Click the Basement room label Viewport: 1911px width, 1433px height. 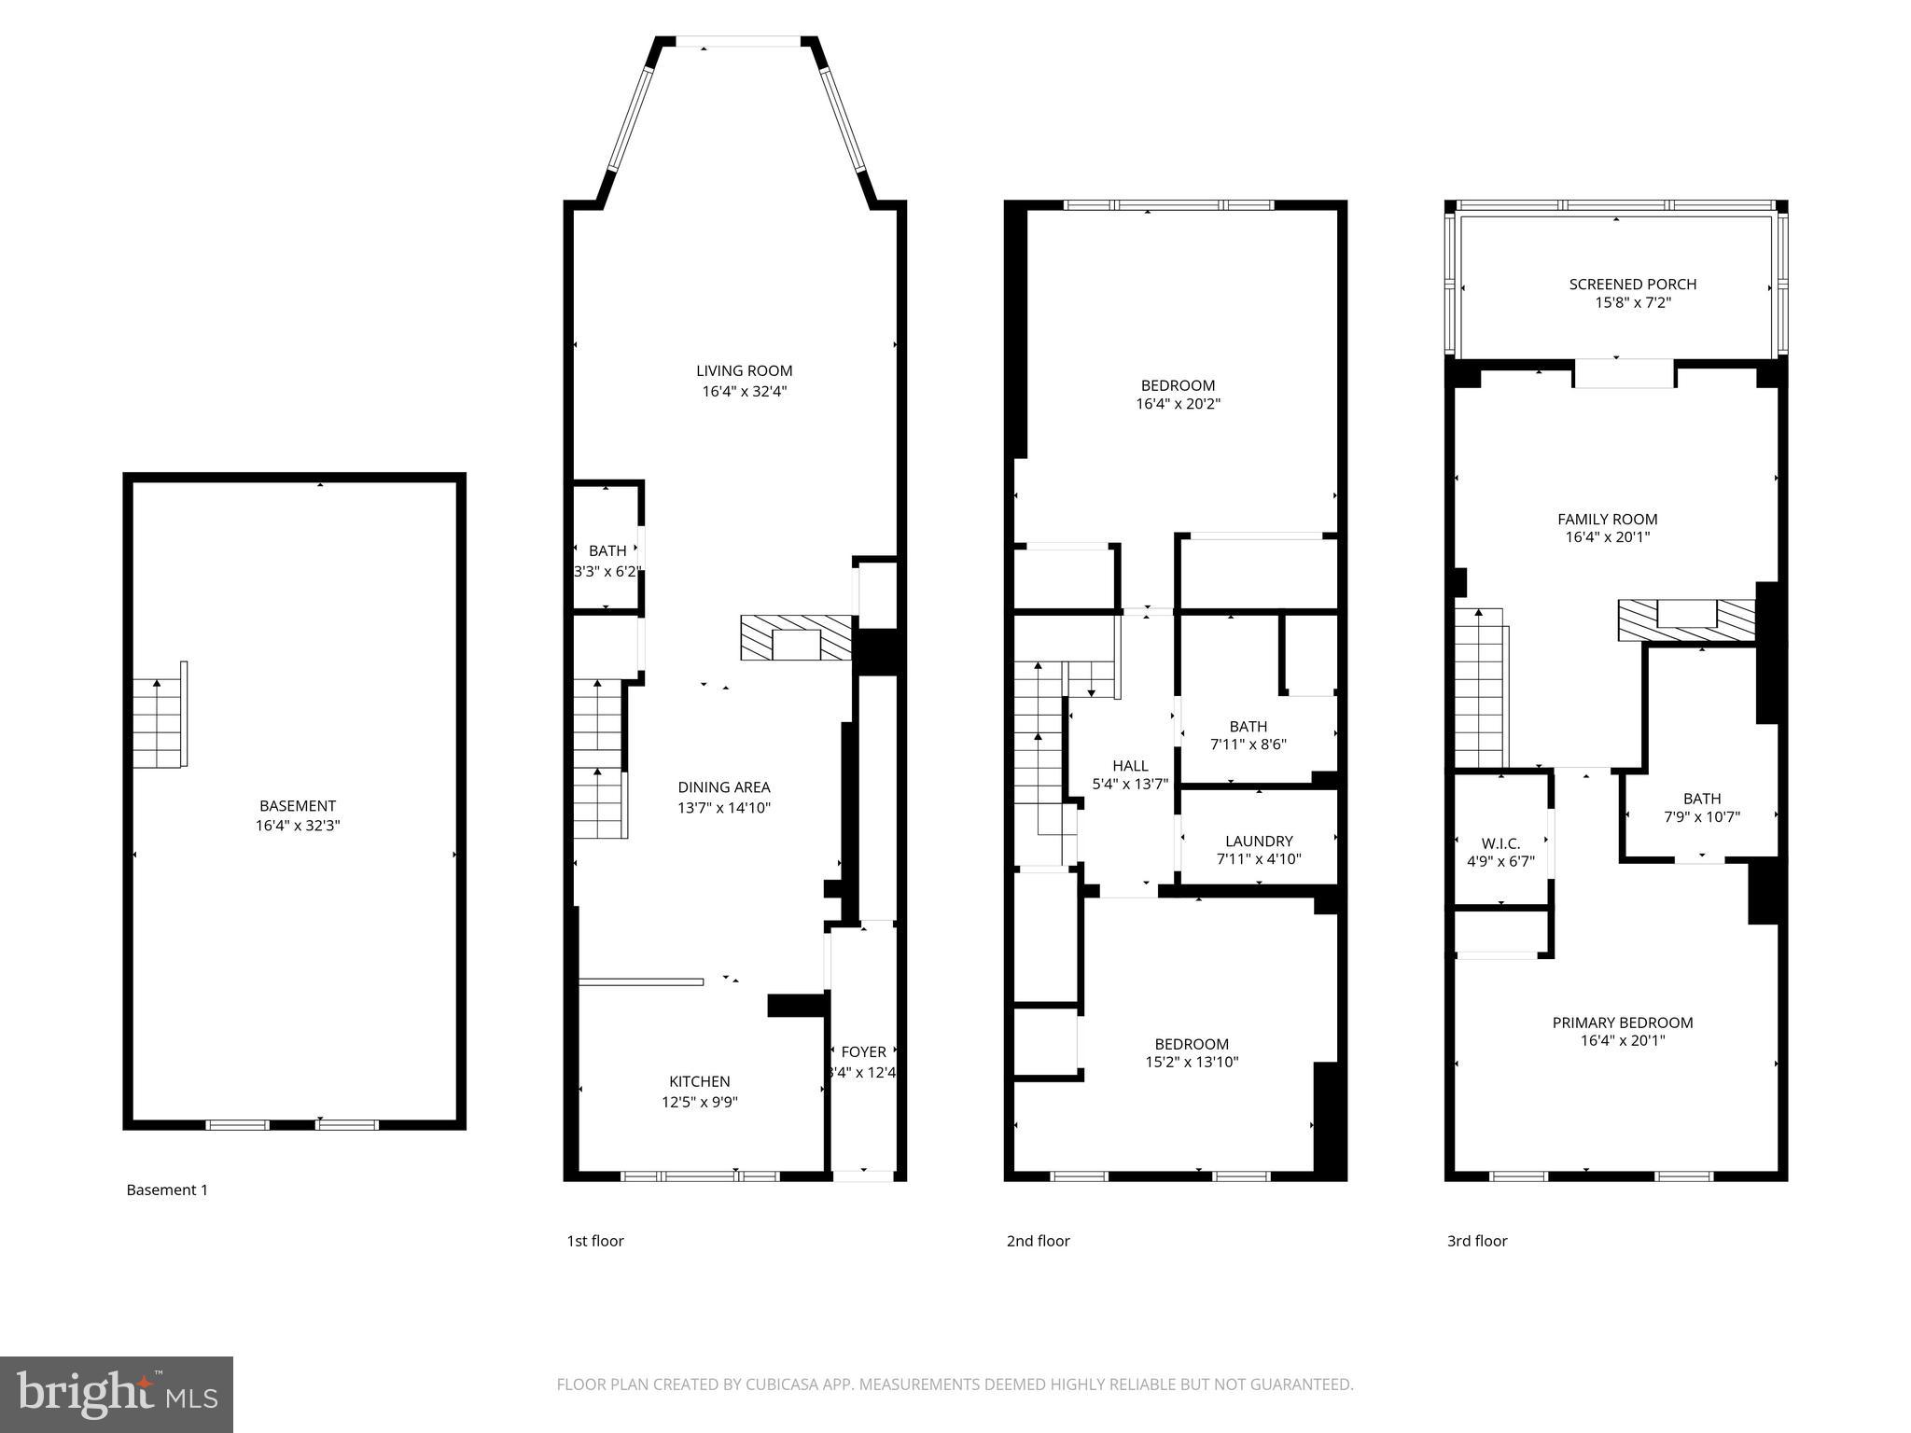click(297, 805)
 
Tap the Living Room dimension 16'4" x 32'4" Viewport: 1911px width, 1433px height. click(745, 392)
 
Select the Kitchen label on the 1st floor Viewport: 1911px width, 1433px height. click(699, 1081)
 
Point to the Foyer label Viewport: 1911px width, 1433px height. click(863, 1051)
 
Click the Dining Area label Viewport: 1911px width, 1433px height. click(723, 787)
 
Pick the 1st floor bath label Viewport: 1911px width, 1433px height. click(607, 551)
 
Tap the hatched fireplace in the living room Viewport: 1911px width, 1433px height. click(796, 638)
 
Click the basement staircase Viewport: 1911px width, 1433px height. click(157, 723)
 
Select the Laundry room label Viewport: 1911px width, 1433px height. click(1259, 841)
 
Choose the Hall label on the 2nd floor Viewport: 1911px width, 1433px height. click(1130, 766)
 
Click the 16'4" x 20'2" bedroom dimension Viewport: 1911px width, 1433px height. click(1178, 404)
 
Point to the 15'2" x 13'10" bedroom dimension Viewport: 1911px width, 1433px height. click(1192, 1062)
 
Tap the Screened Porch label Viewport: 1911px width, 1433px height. click(1632, 284)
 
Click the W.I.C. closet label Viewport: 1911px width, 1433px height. click(1500, 842)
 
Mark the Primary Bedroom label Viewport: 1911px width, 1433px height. click(1622, 1023)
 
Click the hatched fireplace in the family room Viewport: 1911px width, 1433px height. click(1686, 619)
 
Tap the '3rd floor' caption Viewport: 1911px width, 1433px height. click(1476, 1241)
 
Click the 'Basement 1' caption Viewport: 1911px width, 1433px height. click(167, 1190)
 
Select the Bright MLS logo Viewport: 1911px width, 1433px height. click(116, 1394)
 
